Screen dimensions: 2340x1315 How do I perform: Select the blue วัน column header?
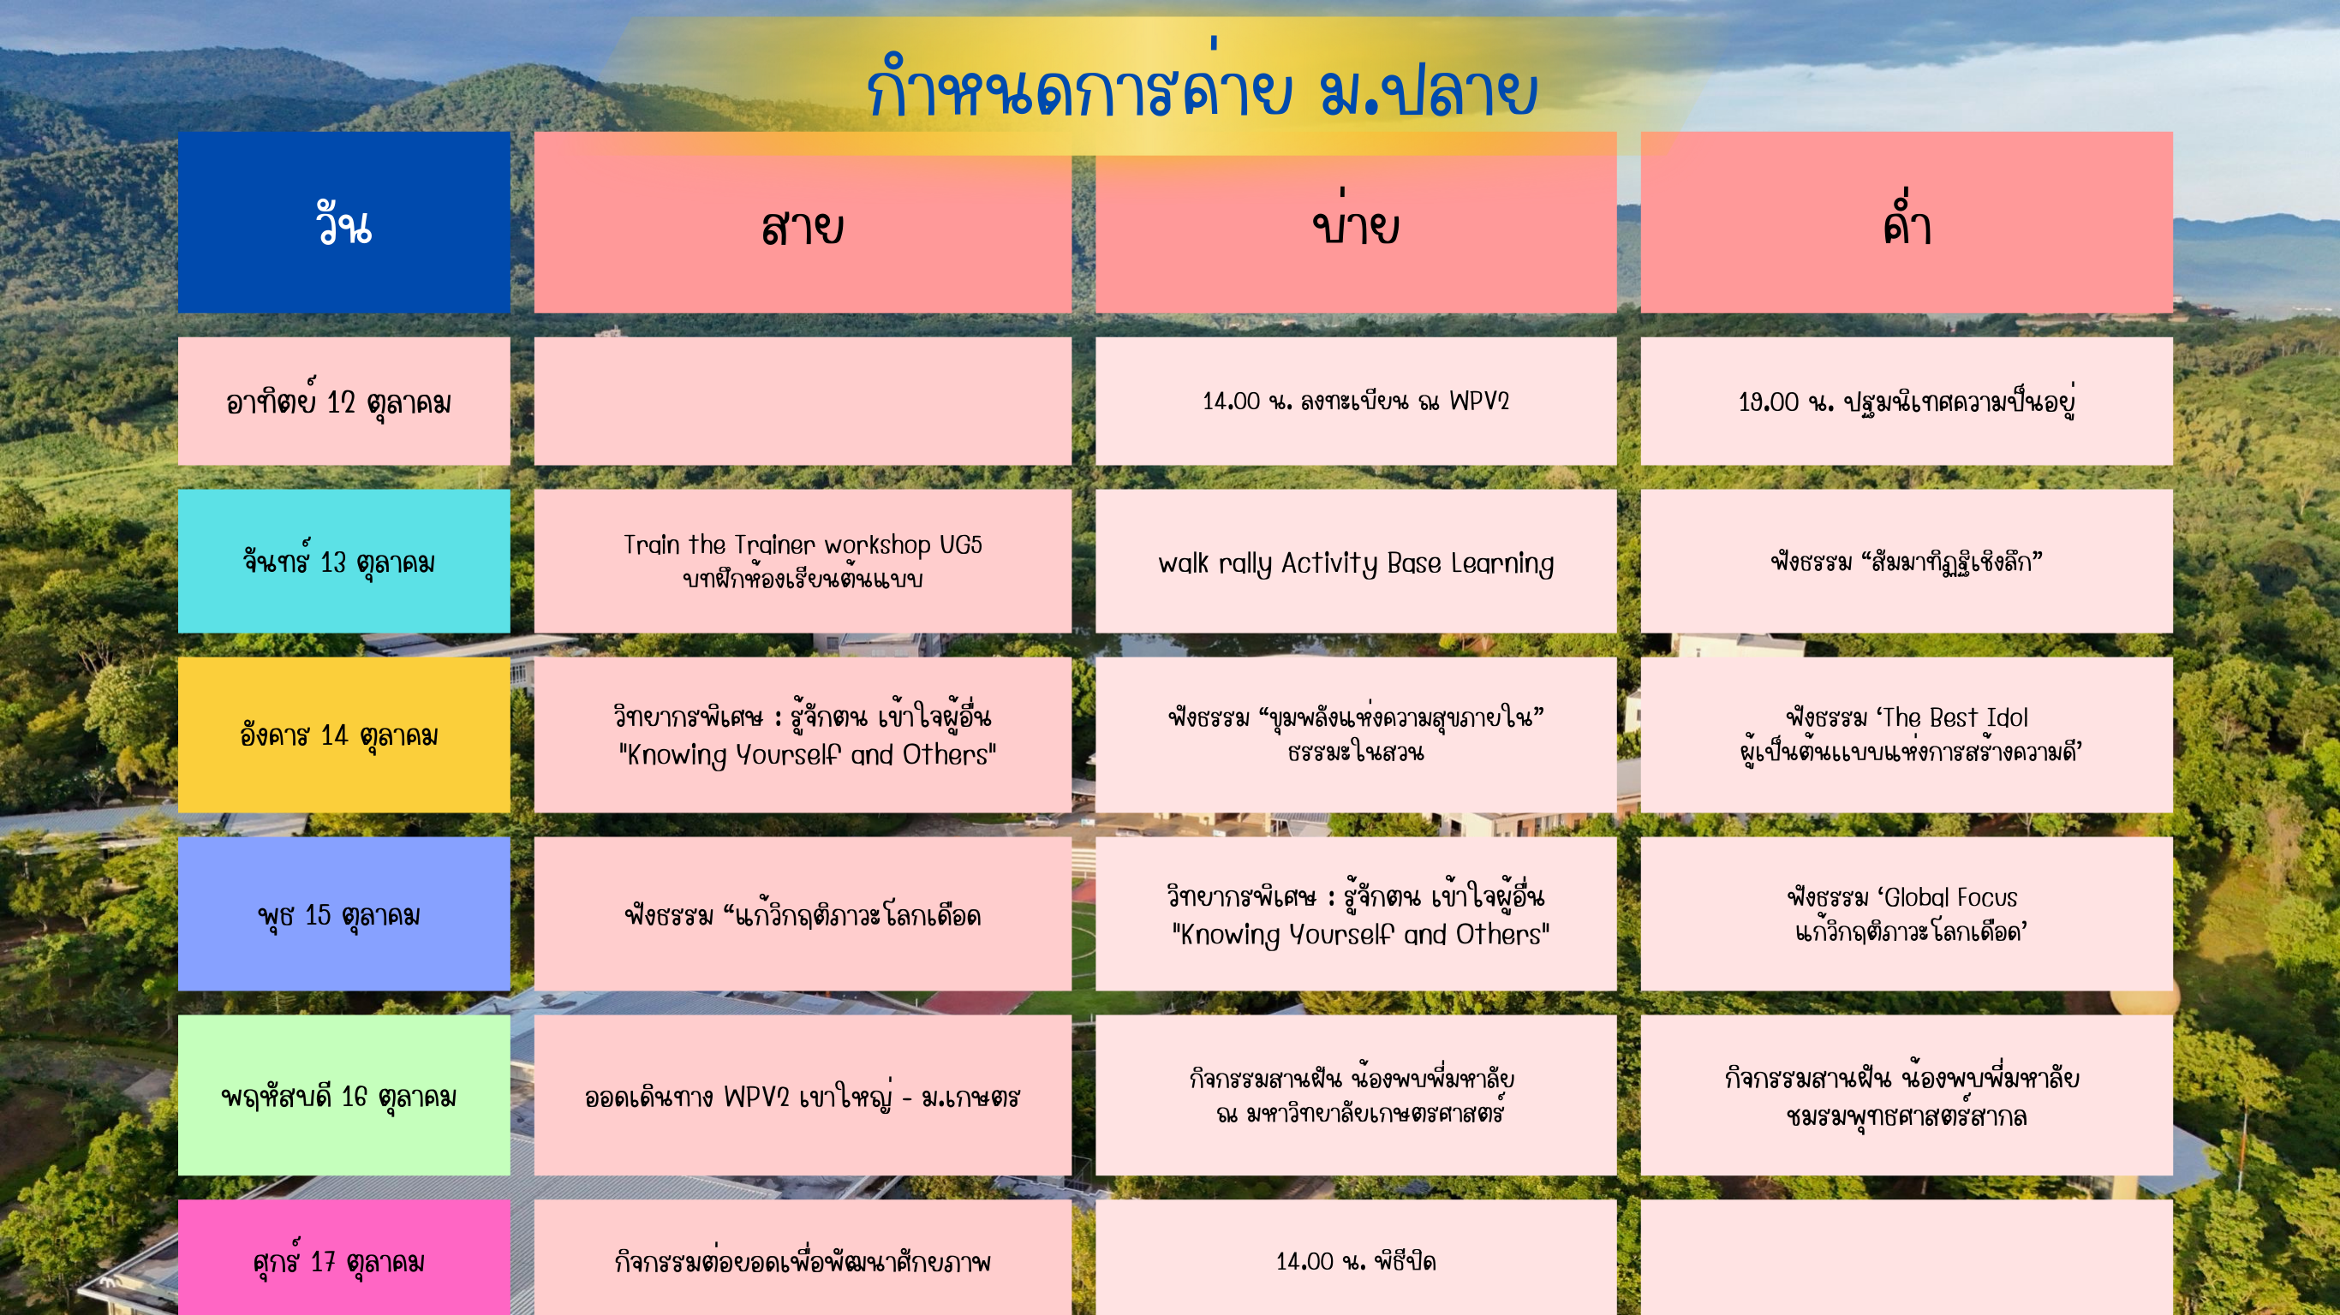(x=343, y=223)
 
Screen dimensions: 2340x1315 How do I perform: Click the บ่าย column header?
(x=1355, y=223)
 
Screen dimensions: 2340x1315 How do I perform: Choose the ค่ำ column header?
(x=1907, y=223)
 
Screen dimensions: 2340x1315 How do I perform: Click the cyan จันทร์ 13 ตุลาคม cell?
(x=343, y=562)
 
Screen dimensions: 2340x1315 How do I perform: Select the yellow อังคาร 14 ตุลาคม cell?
(x=343, y=735)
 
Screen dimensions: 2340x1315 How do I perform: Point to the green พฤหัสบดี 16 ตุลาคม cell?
(x=343, y=1095)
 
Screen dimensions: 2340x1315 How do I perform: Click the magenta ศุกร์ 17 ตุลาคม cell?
(x=343, y=1258)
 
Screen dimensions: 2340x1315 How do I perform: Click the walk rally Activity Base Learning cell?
(x=1355, y=562)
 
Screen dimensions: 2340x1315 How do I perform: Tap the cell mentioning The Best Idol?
(x=1907, y=735)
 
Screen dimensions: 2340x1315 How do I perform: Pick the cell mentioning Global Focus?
(x=1907, y=913)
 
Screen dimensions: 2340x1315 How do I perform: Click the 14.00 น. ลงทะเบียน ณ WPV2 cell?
(x=1355, y=402)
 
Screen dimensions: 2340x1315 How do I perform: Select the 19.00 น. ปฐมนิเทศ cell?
(x=1907, y=402)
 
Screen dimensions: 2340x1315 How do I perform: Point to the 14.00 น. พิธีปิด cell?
(x=1355, y=1258)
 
